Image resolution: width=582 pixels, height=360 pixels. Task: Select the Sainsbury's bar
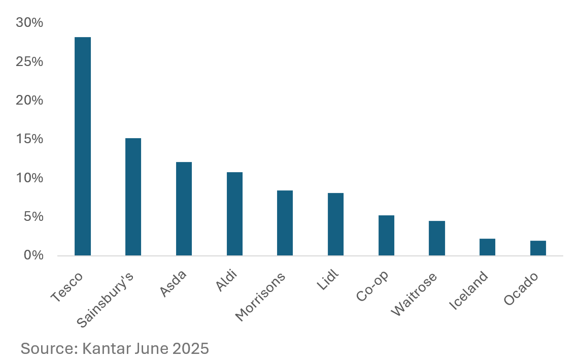click(133, 197)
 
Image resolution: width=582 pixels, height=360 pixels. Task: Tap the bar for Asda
click(184, 209)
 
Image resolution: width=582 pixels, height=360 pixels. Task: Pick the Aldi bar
click(234, 214)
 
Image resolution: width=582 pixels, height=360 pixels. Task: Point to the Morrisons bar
click(285, 223)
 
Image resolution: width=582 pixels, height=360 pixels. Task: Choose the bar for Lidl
click(335, 224)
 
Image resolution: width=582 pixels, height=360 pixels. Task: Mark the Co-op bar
click(386, 235)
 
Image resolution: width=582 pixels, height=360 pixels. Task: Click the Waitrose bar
click(436, 238)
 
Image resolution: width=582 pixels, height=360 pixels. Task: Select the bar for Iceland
click(487, 247)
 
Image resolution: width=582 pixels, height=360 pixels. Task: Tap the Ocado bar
click(538, 248)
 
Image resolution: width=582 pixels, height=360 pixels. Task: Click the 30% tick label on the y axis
click(29, 23)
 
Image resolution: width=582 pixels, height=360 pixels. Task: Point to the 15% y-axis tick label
click(29, 139)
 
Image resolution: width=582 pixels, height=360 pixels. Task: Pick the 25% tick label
click(29, 62)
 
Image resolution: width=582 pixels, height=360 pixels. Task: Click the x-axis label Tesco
click(67, 288)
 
